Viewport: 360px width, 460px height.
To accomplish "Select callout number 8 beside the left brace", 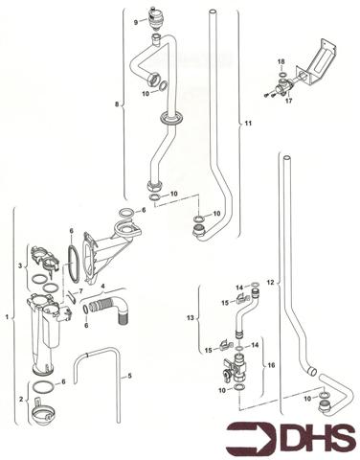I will point(118,102).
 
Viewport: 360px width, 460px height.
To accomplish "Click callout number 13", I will point(191,317).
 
